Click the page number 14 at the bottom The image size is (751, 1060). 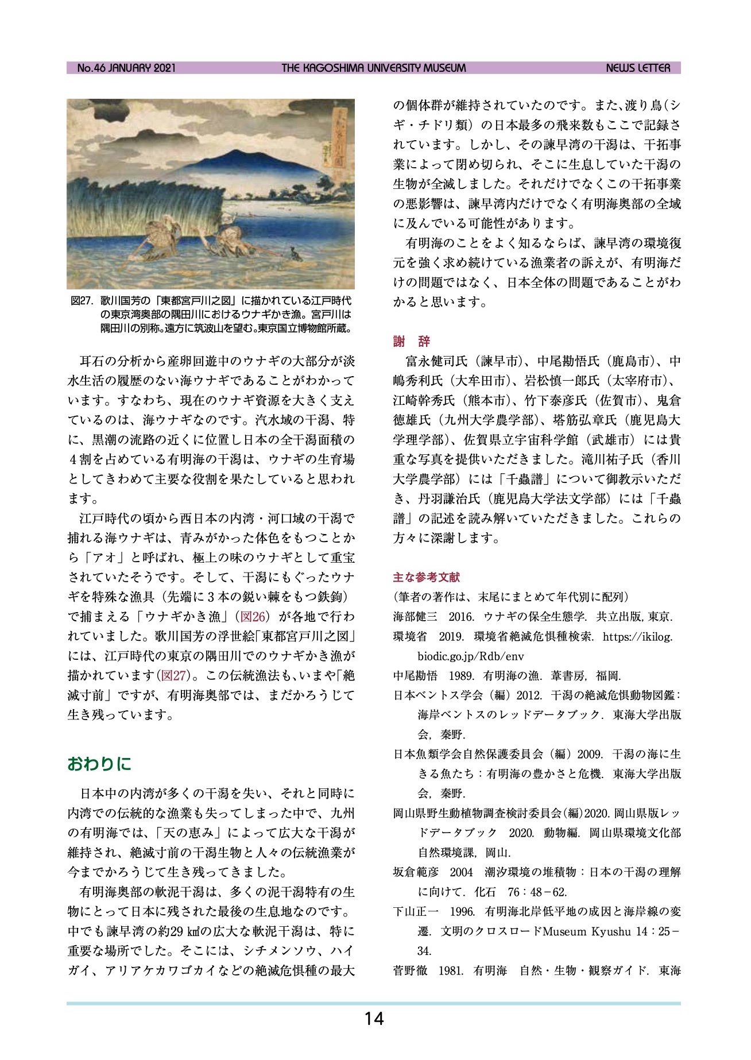pyautogui.click(x=374, y=1019)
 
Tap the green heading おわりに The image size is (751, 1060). pyautogui.click(x=99, y=764)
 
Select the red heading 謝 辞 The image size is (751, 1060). pyautogui.click(x=411, y=342)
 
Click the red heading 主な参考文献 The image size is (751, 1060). pyautogui.click(x=426, y=577)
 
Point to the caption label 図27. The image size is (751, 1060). pyautogui.click(x=82, y=301)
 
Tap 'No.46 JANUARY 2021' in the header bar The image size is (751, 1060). pyautogui.click(x=126, y=68)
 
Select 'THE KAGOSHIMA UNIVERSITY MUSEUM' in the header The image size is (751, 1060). pyautogui.click(x=374, y=68)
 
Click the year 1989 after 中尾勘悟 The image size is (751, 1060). pyautogui.click(x=460, y=676)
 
